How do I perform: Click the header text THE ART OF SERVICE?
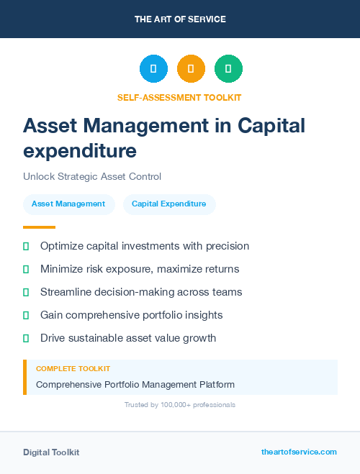pos(180,19)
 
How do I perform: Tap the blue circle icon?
pos(153,69)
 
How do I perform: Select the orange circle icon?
pos(191,69)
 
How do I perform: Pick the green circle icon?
pos(228,69)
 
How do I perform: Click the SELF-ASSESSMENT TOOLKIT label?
pos(179,97)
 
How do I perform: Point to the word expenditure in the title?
pos(80,151)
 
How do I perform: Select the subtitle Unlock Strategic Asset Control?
pos(92,176)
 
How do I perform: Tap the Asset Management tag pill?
pos(68,204)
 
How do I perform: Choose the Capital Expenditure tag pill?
pos(169,204)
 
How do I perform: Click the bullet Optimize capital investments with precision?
pos(145,246)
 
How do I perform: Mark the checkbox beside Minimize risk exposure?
pos(26,269)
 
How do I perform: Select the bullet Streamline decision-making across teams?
pos(141,292)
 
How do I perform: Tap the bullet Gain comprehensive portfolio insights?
pos(131,315)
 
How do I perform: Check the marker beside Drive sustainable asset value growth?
pos(26,338)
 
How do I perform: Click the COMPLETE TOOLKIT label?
pos(73,369)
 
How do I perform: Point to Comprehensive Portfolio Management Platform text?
pos(135,385)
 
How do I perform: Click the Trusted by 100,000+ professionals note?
pos(180,405)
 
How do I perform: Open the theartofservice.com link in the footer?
pos(299,452)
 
